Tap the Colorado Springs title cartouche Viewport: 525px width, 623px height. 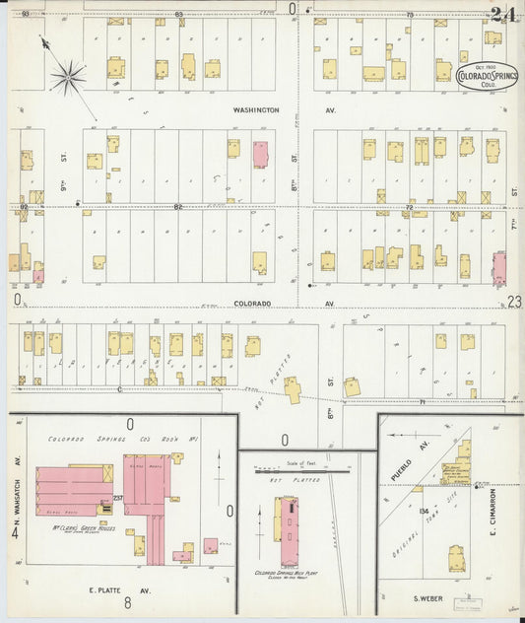483,76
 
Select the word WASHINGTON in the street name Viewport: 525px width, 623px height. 255,110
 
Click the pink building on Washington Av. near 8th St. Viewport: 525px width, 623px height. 260,154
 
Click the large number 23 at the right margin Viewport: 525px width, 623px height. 513,303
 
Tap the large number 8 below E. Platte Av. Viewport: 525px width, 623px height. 128,602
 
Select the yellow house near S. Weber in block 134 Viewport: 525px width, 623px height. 457,559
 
